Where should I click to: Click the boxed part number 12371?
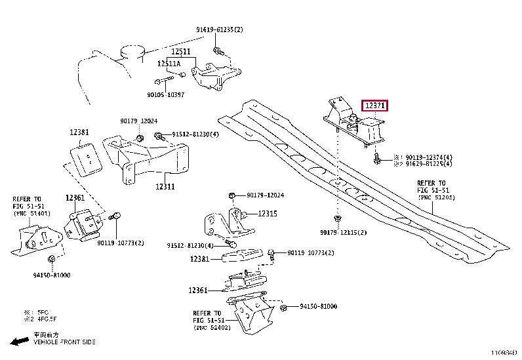(x=376, y=105)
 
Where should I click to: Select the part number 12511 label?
(x=181, y=51)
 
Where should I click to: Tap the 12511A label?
(x=168, y=64)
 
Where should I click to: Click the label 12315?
(x=268, y=213)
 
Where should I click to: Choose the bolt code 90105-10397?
(x=165, y=94)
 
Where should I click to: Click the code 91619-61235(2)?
(x=219, y=30)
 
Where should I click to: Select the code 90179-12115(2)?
(x=343, y=232)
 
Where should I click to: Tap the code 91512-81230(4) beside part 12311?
(x=195, y=134)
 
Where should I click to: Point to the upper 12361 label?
(x=75, y=197)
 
